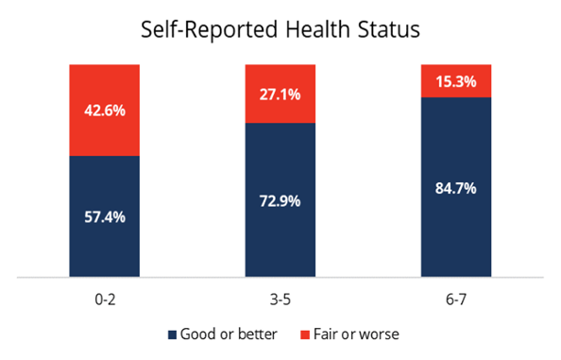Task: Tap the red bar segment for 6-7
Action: [x=456, y=81]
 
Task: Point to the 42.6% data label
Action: [x=105, y=110]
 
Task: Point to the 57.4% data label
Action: [x=105, y=217]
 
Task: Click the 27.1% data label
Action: [x=280, y=94]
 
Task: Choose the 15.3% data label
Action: [x=456, y=81]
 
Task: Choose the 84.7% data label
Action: [x=456, y=188]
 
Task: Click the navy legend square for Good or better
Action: [x=172, y=334]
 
